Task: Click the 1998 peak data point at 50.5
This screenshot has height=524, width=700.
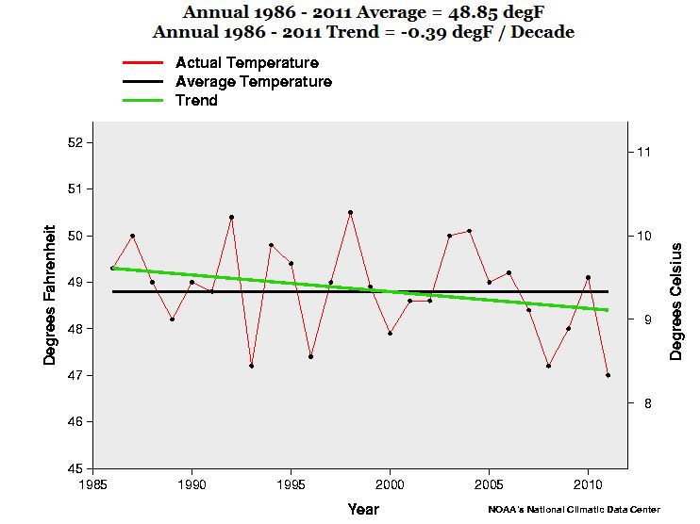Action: point(350,212)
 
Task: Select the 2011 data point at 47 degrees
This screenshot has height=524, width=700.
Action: point(608,375)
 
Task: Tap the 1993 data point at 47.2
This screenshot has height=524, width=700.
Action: point(251,366)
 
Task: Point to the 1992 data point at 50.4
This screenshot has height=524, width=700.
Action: point(231,217)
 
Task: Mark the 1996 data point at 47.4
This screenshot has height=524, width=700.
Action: point(310,356)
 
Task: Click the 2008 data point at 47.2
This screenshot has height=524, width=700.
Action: point(548,366)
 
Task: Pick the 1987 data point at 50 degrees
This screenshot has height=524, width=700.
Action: point(132,236)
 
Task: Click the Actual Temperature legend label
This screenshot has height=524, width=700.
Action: point(247,63)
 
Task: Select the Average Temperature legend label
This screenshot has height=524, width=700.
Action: point(254,82)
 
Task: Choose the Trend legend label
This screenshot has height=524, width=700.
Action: point(196,100)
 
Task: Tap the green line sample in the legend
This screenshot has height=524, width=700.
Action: point(142,100)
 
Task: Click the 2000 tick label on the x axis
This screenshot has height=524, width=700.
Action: point(391,485)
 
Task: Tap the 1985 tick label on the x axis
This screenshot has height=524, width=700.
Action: point(92,485)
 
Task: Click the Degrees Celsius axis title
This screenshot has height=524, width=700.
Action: point(676,301)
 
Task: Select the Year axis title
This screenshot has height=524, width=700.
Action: point(363,509)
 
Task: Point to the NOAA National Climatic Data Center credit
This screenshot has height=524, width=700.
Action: point(575,509)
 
